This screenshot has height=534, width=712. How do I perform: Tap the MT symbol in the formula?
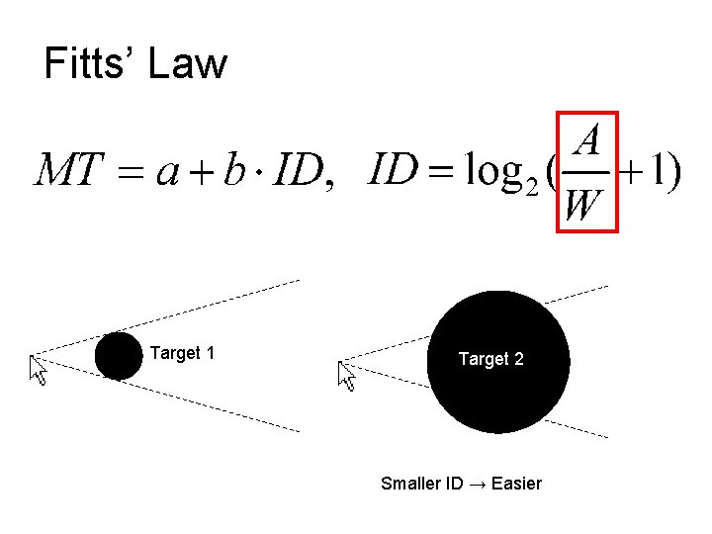coord(68,173)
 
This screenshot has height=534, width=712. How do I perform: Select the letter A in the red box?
coord(587,139)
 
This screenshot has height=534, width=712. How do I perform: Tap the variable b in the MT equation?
coord(233,172)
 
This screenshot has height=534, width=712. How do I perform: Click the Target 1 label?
coord(182,353)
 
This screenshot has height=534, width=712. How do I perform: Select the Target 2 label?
coord(490,359)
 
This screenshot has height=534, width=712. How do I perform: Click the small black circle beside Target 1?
coord(119,356)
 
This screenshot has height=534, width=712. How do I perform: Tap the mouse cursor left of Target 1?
coord(39,370)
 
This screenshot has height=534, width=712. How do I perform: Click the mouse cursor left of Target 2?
coord(346,375)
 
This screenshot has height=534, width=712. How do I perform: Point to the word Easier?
coord(516,484)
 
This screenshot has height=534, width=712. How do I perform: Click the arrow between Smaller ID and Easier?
coord(478,484)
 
